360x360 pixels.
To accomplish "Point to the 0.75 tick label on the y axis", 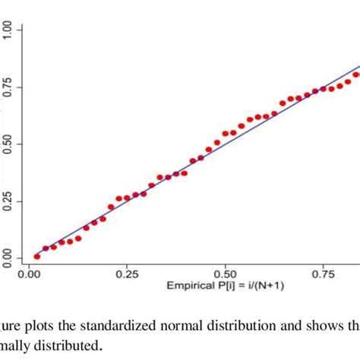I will coord(7,86).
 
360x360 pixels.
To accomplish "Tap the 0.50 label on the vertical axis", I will coord(7,144).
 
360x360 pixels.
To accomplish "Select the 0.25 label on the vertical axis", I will coord(7,201).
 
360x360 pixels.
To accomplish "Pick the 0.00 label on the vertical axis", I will coord(7,258).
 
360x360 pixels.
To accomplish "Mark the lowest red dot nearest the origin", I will coord(36,257).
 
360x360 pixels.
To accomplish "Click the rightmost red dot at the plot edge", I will coord(356,74).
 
